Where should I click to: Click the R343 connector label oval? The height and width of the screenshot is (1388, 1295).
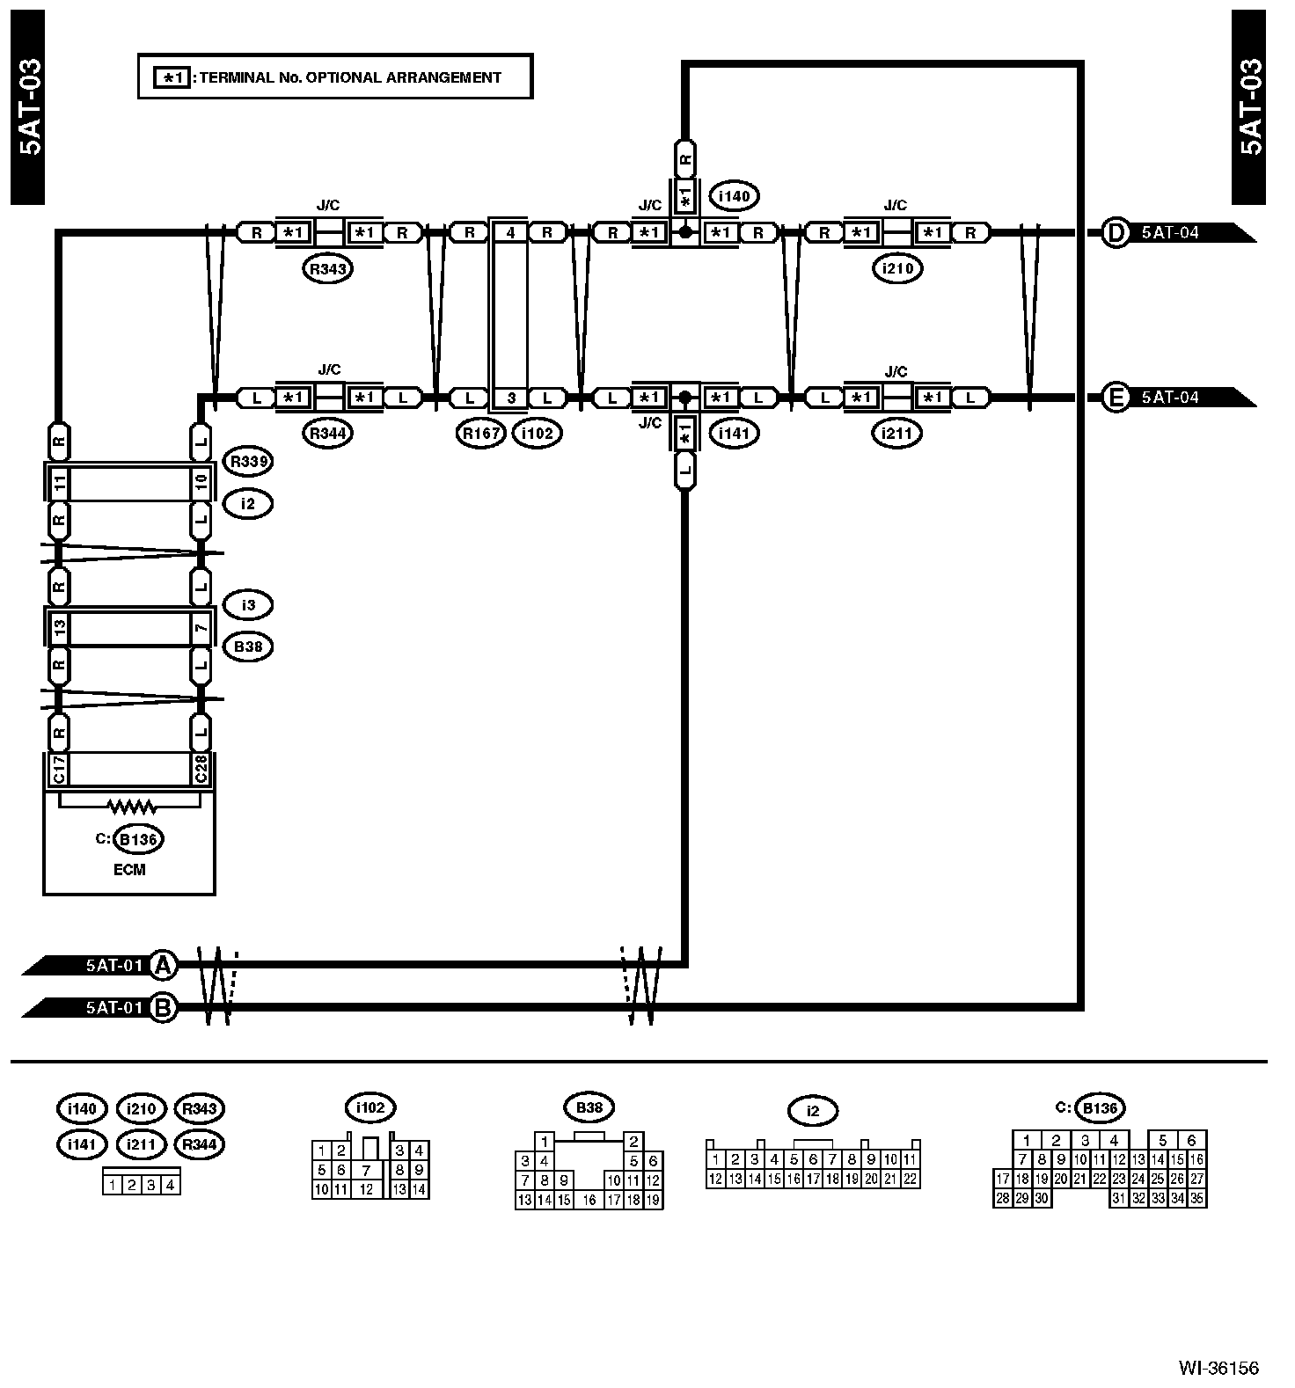(x=327, y=269)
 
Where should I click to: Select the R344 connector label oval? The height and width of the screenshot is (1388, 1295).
(x=327, y=433)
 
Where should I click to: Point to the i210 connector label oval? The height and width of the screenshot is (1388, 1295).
(x=897, y=269)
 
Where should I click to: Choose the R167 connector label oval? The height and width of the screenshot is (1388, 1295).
(x=481, y=433)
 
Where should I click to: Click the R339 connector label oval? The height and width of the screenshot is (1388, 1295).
(x=248, y=461)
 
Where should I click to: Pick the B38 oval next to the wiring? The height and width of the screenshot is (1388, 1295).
(x=248, y=647)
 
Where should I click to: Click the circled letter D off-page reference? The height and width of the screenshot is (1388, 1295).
(x=1116, y=233)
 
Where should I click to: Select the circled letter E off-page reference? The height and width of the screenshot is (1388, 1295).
(x=1116, y=398)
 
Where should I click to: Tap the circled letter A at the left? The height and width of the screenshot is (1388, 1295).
(x=162, y=965)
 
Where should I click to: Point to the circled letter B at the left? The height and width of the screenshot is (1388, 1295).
(x=162, y=1007)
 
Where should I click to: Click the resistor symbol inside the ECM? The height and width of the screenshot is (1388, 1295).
(x=130, y=805)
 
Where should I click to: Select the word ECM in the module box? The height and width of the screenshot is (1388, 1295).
(x=129, y=870)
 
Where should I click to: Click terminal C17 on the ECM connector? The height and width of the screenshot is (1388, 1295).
(x=58, y=769)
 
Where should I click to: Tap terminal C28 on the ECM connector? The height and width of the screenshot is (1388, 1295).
(x=201, y=769)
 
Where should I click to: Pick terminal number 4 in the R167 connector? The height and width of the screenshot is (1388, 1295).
(x=511, y=233)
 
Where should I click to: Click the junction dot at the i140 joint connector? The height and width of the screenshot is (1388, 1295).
(x=684, y=233)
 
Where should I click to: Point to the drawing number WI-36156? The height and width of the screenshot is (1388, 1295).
(x=1218, y=1368)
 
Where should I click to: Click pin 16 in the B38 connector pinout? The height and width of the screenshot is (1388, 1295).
(x=589, y=1200)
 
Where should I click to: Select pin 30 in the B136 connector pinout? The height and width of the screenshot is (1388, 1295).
(x=1042, y=1198)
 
